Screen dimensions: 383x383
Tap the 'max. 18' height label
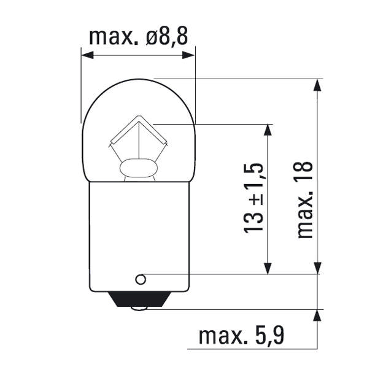[x=304, y=199]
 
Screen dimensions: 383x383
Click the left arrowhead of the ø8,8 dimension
[x=87, y=55]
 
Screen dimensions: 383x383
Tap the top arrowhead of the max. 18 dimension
[x=317, y=85]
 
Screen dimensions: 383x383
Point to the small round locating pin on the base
[x=141, y=280]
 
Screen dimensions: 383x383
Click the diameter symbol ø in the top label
[x=153, y=36]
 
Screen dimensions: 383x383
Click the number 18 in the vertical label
[x=304, y=175]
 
